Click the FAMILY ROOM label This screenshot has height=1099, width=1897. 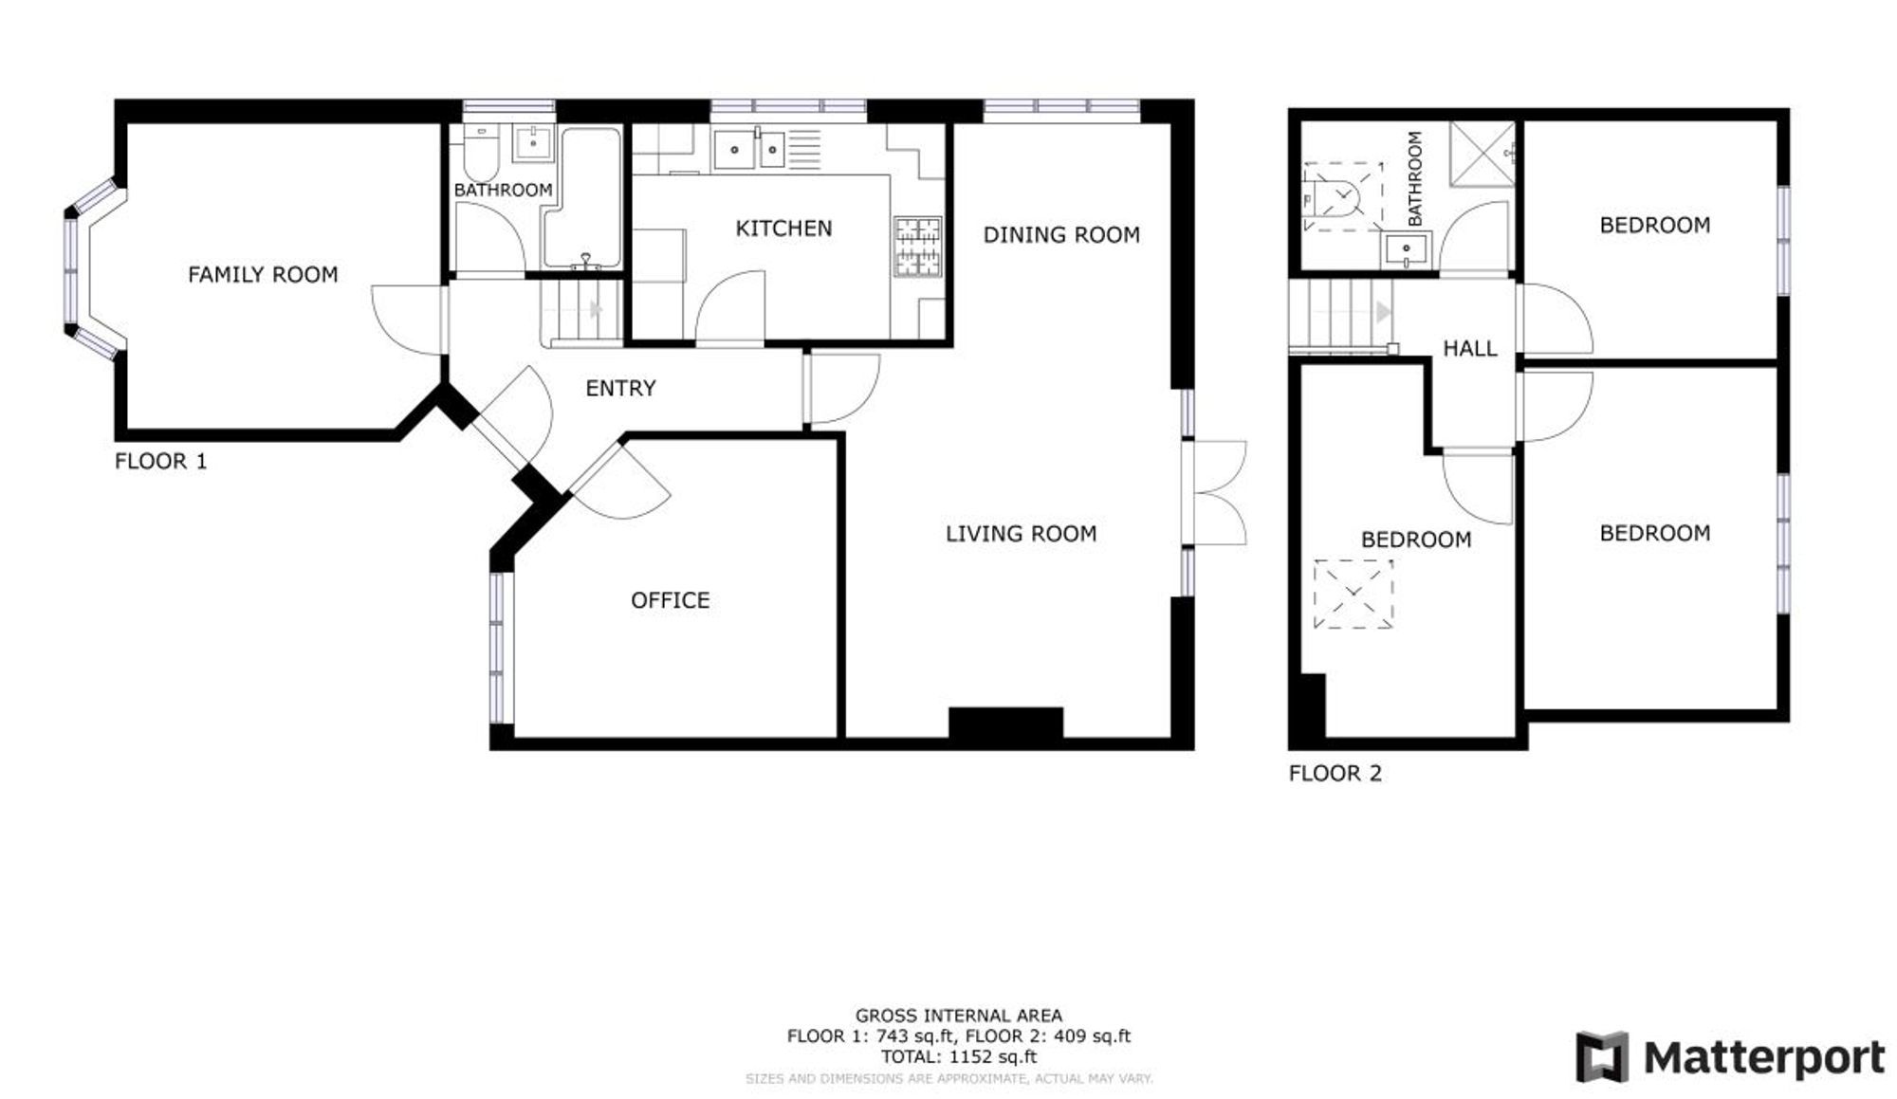pos(263,275)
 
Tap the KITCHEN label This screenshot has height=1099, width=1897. pos(783,229)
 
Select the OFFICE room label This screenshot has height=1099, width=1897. pos(670,600)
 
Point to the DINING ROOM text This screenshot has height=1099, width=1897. pos(1060,235)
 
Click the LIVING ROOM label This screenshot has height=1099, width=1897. pos(1021,534)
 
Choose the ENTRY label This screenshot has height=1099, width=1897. pos(620,388)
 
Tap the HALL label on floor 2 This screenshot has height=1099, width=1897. pos(1469,349)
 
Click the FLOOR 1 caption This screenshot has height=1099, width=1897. pos(160,462)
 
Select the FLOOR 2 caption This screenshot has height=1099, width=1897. pos(1335,774)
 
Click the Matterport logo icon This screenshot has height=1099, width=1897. pos(1602,1056)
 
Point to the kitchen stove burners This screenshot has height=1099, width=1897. pos(917,247)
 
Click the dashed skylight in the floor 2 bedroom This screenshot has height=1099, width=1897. pos(1354,594)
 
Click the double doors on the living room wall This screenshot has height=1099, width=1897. pos(1217,493)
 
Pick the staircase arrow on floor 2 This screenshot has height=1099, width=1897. pos(1384,311)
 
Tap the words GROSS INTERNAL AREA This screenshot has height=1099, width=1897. pos(958,1016)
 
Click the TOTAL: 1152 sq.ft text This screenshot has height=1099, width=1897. pos(958,1056)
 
